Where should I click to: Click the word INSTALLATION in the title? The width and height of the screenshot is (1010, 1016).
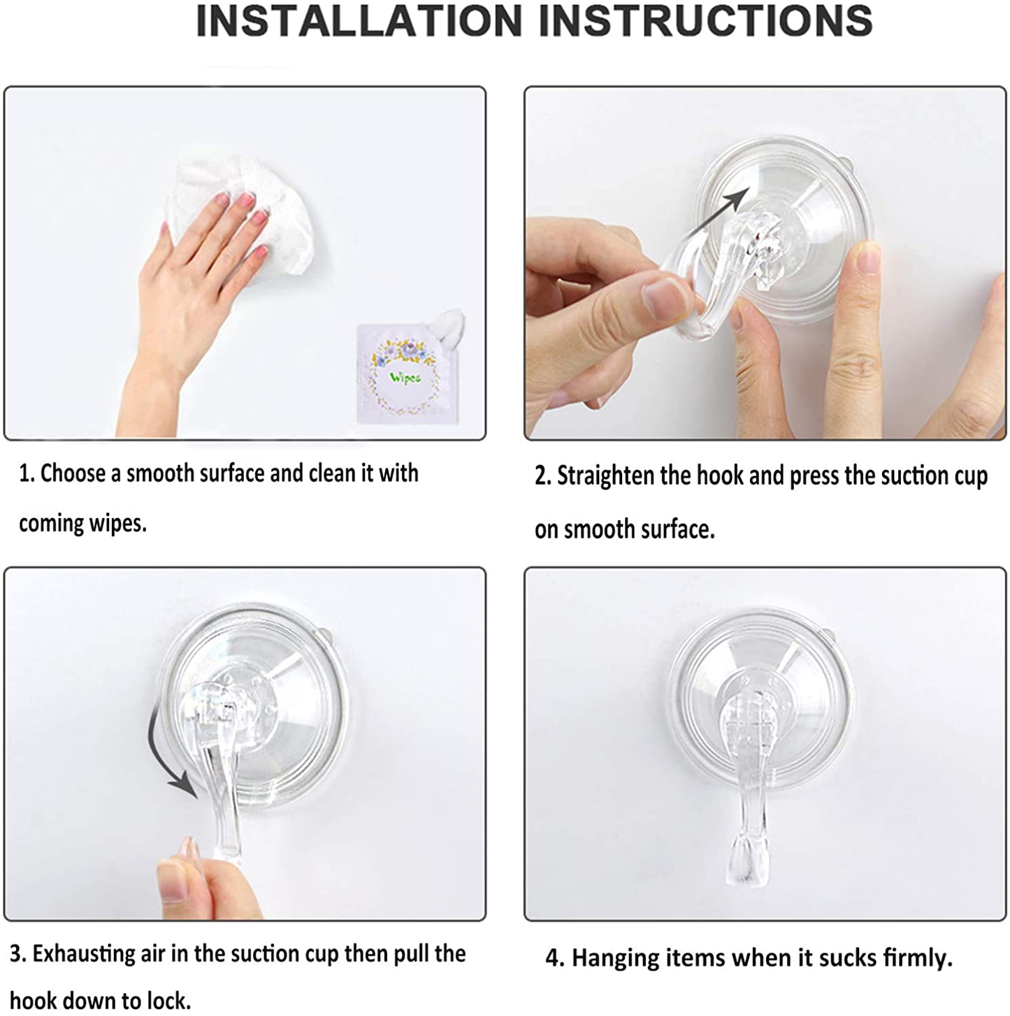pos(359,21)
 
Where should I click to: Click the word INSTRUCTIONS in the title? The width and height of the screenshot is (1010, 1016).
pos(706,21)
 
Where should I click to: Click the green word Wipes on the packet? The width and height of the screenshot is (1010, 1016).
pos(405,378)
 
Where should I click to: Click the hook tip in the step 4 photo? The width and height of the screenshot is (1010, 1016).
pos(747,864)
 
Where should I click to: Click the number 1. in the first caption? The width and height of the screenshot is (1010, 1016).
pos(27,474)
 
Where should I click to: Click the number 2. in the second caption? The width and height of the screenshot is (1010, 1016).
pos(543,476)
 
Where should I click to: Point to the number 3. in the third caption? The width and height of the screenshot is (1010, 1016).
pos(17,954)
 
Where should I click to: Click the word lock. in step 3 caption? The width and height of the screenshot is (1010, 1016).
pos(168,1001)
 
